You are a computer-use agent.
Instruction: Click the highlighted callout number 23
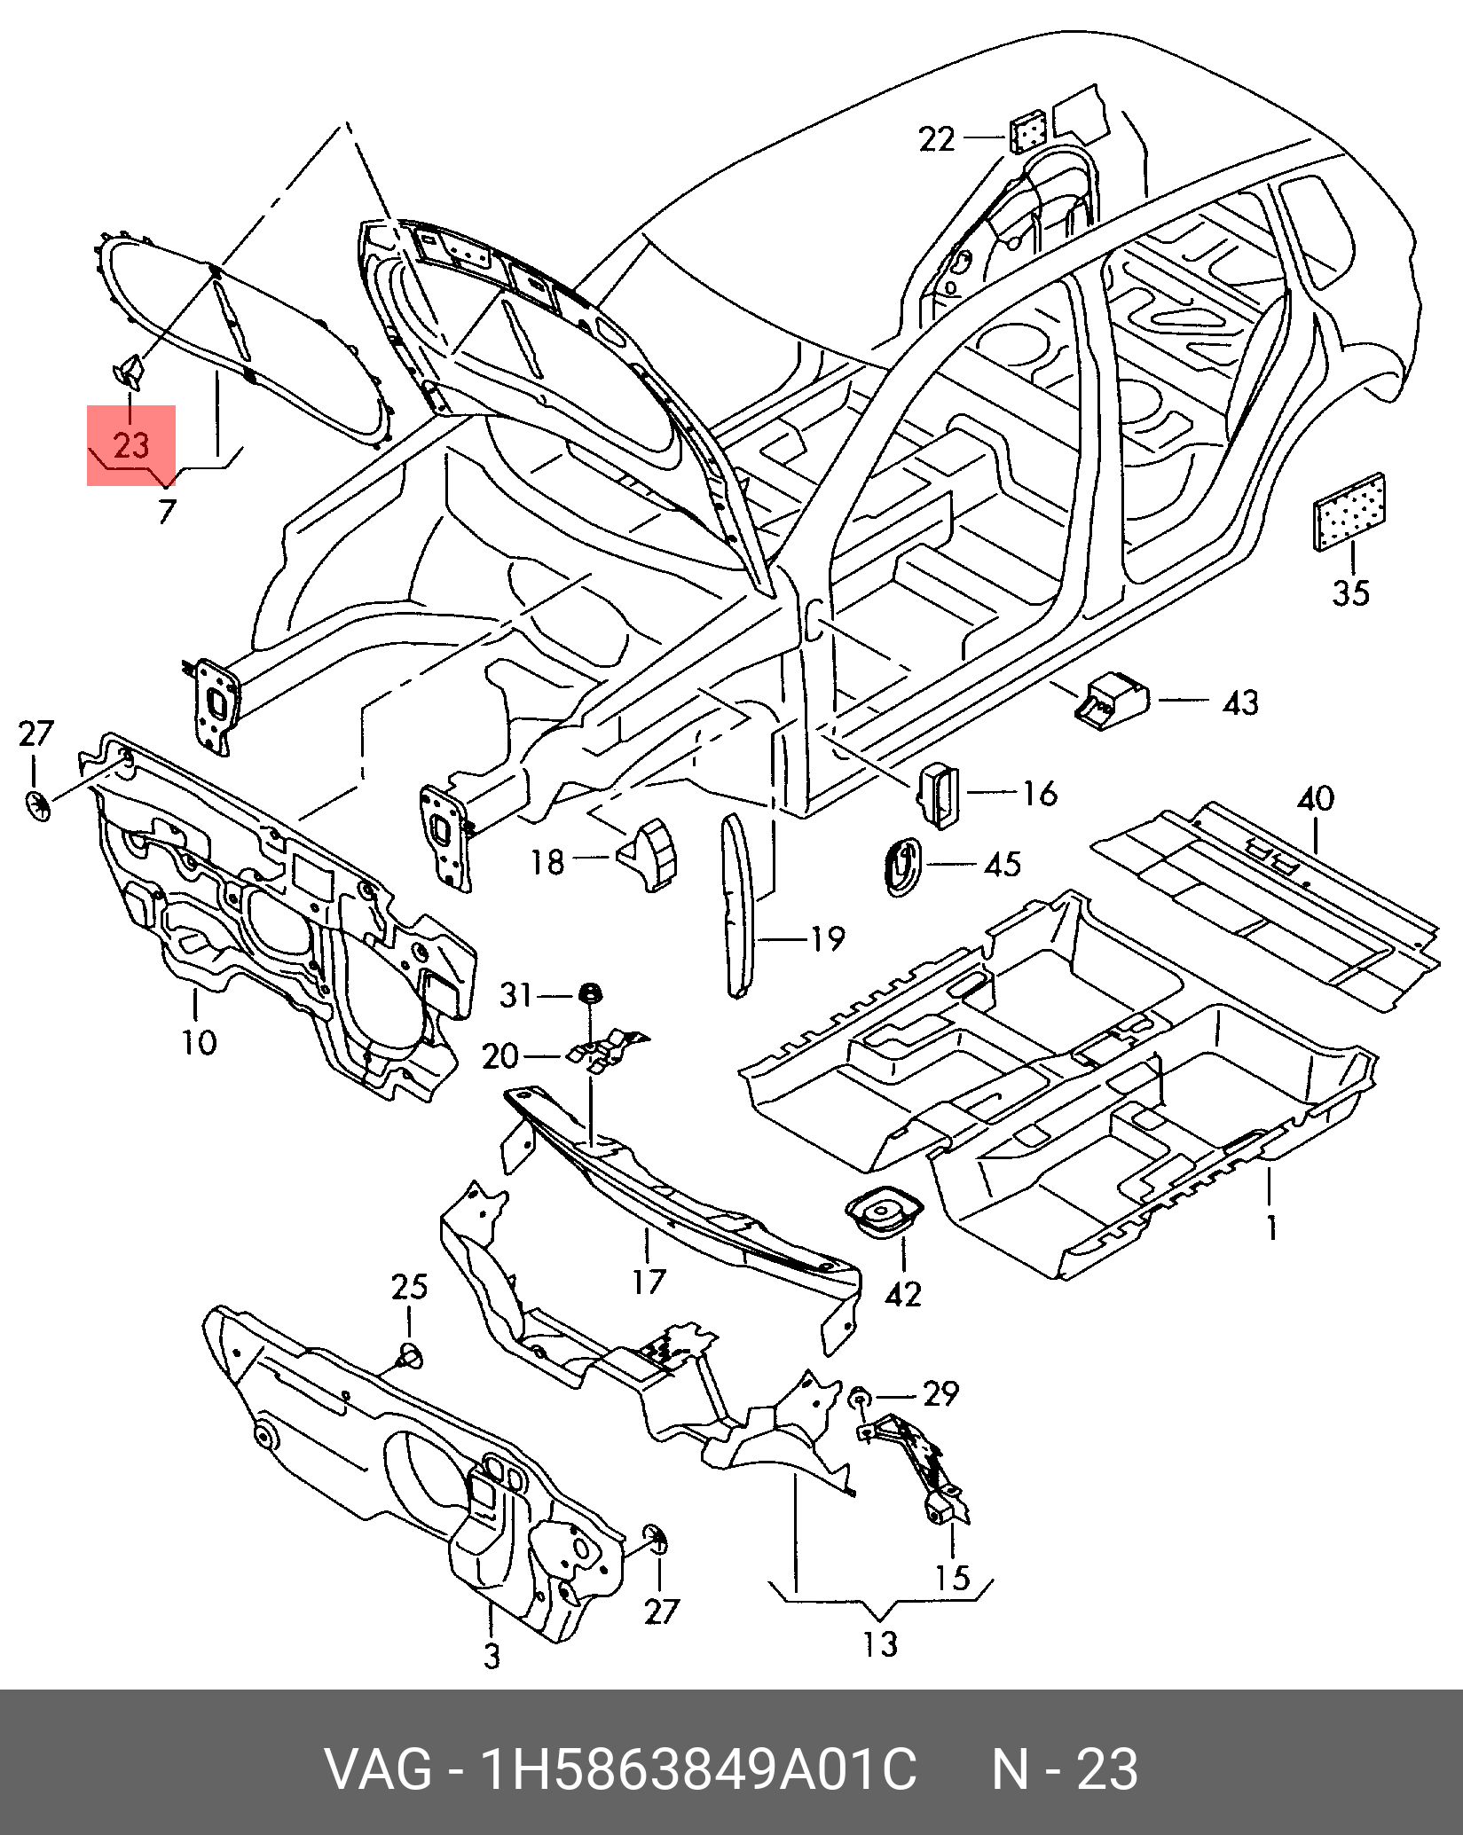(x=131, y=444)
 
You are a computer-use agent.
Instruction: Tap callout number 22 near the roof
(x=936, y=139)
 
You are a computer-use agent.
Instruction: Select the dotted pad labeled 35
(x=1350, y=512)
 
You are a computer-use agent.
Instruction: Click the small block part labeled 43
(x=1112, y=697)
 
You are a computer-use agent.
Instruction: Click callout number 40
(x=1315, y=799)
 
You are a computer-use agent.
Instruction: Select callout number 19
(x=826, y=937)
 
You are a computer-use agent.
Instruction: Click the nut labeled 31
(x=586, y=992)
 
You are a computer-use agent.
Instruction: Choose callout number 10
(x=200, y=1041)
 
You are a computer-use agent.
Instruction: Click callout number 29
(x=940, y=1394)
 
